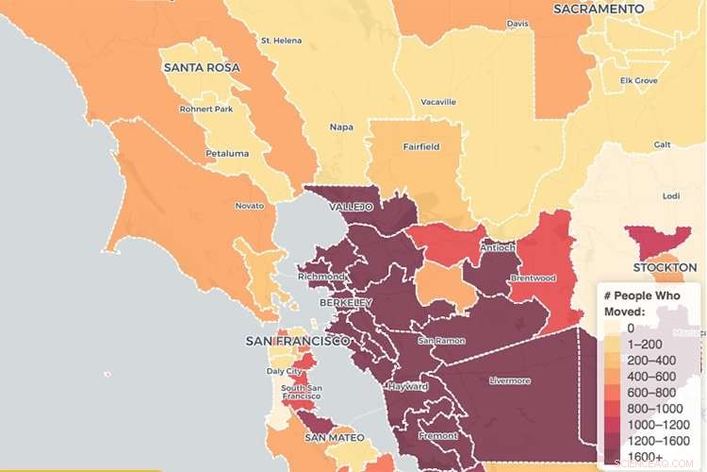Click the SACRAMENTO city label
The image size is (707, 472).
point(599,8)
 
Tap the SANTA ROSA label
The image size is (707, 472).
point(202,68)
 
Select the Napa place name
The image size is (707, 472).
point(341,126)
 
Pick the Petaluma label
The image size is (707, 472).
point(227,153)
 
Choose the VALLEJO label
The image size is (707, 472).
point(351,206)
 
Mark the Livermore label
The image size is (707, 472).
point(510,380)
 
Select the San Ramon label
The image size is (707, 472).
point(437,340)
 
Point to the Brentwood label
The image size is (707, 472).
point(533,278)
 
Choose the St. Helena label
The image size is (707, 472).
point(280,41)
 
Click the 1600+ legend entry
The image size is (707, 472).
point(648,457)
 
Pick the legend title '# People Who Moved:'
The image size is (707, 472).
point(646,303)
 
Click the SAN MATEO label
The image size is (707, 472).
point(334,438)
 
